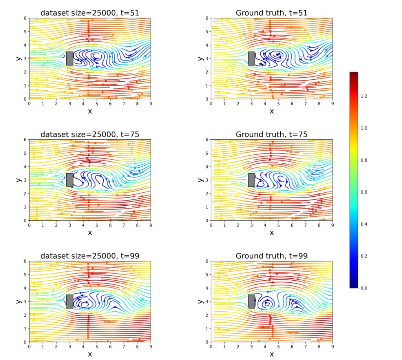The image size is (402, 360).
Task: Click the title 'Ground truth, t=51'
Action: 272,13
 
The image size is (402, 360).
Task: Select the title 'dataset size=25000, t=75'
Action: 90,134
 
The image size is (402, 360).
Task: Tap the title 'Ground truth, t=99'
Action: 272,256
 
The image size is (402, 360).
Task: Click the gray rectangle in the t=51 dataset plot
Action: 70,58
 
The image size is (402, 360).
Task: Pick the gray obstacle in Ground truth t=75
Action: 252,180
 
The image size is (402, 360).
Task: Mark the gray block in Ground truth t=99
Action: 252,301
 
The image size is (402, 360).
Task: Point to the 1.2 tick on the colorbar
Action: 364,96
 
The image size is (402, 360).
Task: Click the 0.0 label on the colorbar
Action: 364,288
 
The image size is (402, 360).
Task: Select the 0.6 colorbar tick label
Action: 364,192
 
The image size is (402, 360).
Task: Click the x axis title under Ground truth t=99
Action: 272,355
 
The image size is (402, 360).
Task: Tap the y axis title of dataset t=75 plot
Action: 19,180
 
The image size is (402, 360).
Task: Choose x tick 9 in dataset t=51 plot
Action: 151,104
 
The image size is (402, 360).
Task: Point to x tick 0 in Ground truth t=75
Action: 211,225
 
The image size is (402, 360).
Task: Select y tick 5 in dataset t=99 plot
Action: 25,275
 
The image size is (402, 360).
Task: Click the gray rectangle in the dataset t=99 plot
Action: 70,301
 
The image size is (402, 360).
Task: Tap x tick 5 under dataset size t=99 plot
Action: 97,347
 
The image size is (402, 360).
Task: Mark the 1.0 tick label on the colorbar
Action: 364,128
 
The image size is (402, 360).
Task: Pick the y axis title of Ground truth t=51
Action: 201,58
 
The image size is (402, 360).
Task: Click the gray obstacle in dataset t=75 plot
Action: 70,180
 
